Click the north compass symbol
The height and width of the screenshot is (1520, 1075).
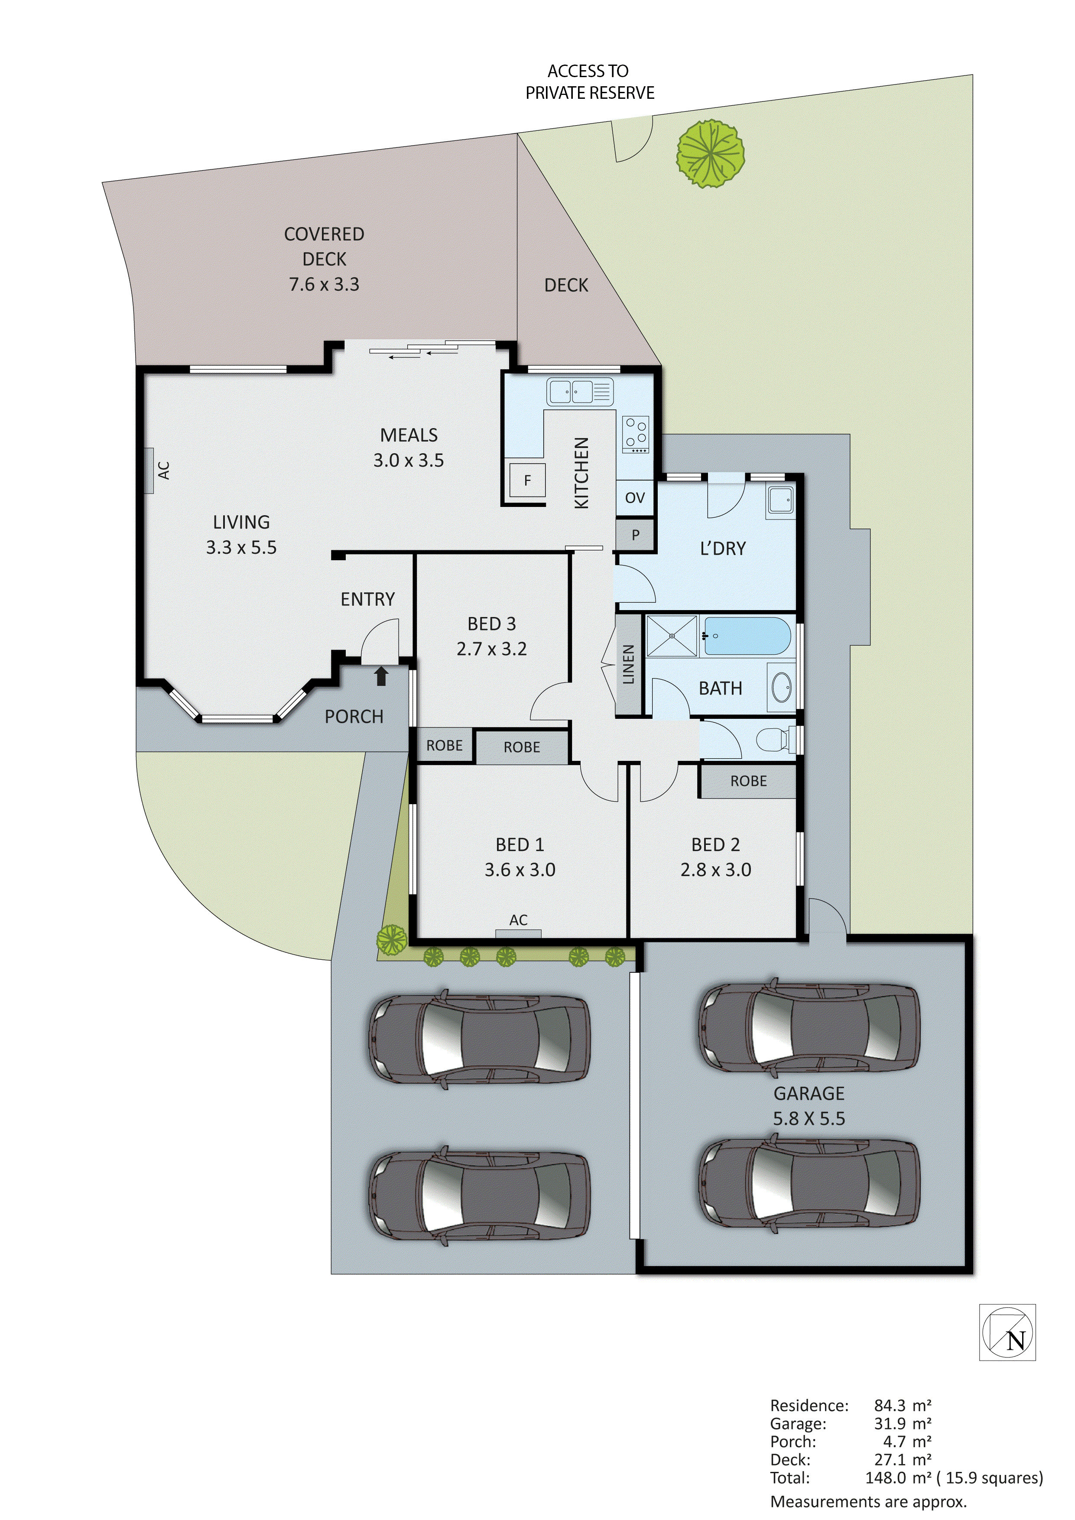(1007, 1332)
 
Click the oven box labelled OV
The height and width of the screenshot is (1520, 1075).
(635, 498)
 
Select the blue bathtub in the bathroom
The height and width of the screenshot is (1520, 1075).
(747, 636)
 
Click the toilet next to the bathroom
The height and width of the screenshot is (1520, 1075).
(774, 740)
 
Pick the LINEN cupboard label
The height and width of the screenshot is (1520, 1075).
(629, 664)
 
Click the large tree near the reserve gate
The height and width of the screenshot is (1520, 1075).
(710, 154)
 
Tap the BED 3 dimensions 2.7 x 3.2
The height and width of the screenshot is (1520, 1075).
(491, 649)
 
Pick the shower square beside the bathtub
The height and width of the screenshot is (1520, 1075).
(671, 636)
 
